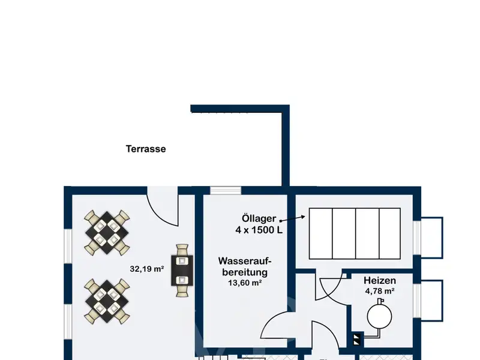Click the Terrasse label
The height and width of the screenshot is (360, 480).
(x=146, y=149)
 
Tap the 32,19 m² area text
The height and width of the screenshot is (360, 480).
(x=147, y=269)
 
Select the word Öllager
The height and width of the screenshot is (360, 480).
(x=259, y=218)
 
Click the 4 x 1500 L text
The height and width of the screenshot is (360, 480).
(x=259, y=230)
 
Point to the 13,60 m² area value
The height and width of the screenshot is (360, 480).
(x=245, y=283)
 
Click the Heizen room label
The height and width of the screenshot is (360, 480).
(x=380, y=280)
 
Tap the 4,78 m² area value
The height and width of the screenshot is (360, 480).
(x=380, y=291)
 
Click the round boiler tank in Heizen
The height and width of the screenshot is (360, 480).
(x=380, y=317)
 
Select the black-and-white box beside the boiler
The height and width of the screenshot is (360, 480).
(x=357, y=339)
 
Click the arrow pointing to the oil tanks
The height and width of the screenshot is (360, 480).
(x=292, y=218)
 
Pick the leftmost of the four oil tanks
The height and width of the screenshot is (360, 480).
(x=321, y=233)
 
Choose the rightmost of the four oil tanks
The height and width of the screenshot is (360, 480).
(x=389, y=233)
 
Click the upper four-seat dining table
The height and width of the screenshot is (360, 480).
(x=107, y=233)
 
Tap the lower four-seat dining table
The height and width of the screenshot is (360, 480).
(x=107, y=302)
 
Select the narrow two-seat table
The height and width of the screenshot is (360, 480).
(x=182, y=271)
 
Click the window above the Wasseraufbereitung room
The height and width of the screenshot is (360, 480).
(x=226, y=190)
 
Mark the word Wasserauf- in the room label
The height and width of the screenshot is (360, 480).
(x=245, y=261)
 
